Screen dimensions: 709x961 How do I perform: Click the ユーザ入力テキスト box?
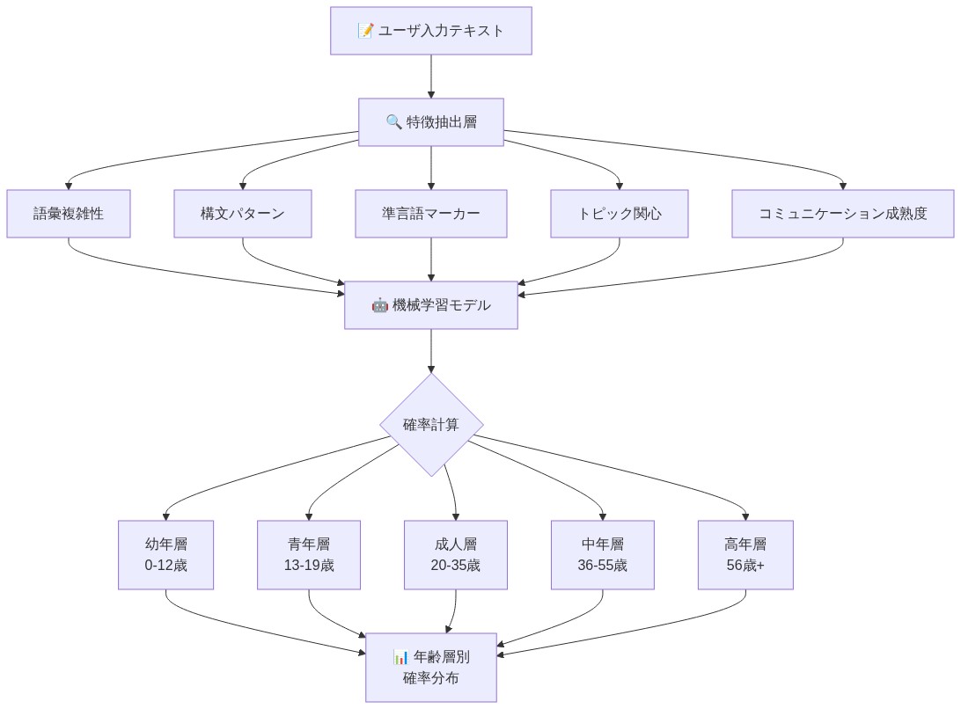click(430, 31)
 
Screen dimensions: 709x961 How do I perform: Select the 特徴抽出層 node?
click(430, 122)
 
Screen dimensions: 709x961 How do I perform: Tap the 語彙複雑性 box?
click(69, 214)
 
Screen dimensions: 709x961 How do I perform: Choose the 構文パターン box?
click(242, 214)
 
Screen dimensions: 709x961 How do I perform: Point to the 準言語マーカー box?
click(430, 214)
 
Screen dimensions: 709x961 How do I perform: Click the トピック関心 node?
click(619, 214)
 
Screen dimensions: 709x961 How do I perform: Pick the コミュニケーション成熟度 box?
click(842, 214)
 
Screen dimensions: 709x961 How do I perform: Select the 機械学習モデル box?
click(430, 305)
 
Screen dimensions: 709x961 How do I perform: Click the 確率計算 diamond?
click(430, 425)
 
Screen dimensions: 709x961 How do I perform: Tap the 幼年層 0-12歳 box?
click(165, 555)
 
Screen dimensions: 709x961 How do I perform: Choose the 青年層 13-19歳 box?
click(308, 555)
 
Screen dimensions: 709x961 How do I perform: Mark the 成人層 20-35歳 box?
click(455, 555)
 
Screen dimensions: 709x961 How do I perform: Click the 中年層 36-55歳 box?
click(602, 555)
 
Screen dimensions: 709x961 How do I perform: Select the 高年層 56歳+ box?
click(745, 555)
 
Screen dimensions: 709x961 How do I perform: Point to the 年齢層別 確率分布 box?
click(430, 668)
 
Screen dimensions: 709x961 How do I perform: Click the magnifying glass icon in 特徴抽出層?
click(393, 122)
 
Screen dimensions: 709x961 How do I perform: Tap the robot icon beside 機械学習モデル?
click(379, 305)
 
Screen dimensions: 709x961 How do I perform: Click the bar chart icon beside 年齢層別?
click(400, 657)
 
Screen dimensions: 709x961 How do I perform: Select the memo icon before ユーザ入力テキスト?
click(365, 31)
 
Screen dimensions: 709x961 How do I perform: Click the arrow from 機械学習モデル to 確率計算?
click(430, 351)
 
